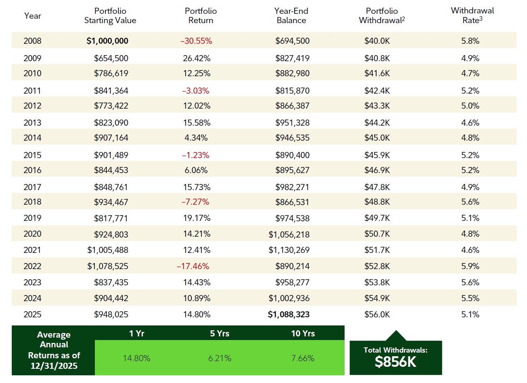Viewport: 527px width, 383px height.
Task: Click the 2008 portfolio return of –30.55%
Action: coord(196,41)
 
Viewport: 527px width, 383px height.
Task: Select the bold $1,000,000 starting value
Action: coord(107,41)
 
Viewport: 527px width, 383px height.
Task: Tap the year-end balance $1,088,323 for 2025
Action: coord(289,315)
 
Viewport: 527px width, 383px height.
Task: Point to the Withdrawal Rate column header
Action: coord(472,15)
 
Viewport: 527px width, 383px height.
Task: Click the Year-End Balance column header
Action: coord(291,15)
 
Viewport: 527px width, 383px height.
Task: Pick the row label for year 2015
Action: coord(32,155)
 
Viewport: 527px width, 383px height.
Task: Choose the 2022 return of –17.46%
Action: coord(193,266)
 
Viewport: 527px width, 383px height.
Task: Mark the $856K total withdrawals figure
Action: coord(395,362)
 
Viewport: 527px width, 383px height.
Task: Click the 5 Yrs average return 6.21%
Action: coord(220,358)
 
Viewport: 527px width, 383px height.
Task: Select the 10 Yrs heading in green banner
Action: coord(303,334)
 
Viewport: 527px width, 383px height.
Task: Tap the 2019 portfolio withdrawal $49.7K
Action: coord(377,218)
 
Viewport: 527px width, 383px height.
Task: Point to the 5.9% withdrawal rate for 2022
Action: coord(470,266)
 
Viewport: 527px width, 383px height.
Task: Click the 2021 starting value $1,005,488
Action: coord(108,250)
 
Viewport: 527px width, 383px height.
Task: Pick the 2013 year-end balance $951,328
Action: coord(292,123)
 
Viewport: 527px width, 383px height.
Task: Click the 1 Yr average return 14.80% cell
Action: coord(137,358)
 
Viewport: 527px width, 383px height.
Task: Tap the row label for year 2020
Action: coord(32,234)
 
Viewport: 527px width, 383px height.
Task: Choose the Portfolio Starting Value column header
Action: coord(110,15)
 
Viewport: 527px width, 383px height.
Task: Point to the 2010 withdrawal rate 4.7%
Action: coord(470,73)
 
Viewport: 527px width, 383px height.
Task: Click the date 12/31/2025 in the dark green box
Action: coord(54,366)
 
